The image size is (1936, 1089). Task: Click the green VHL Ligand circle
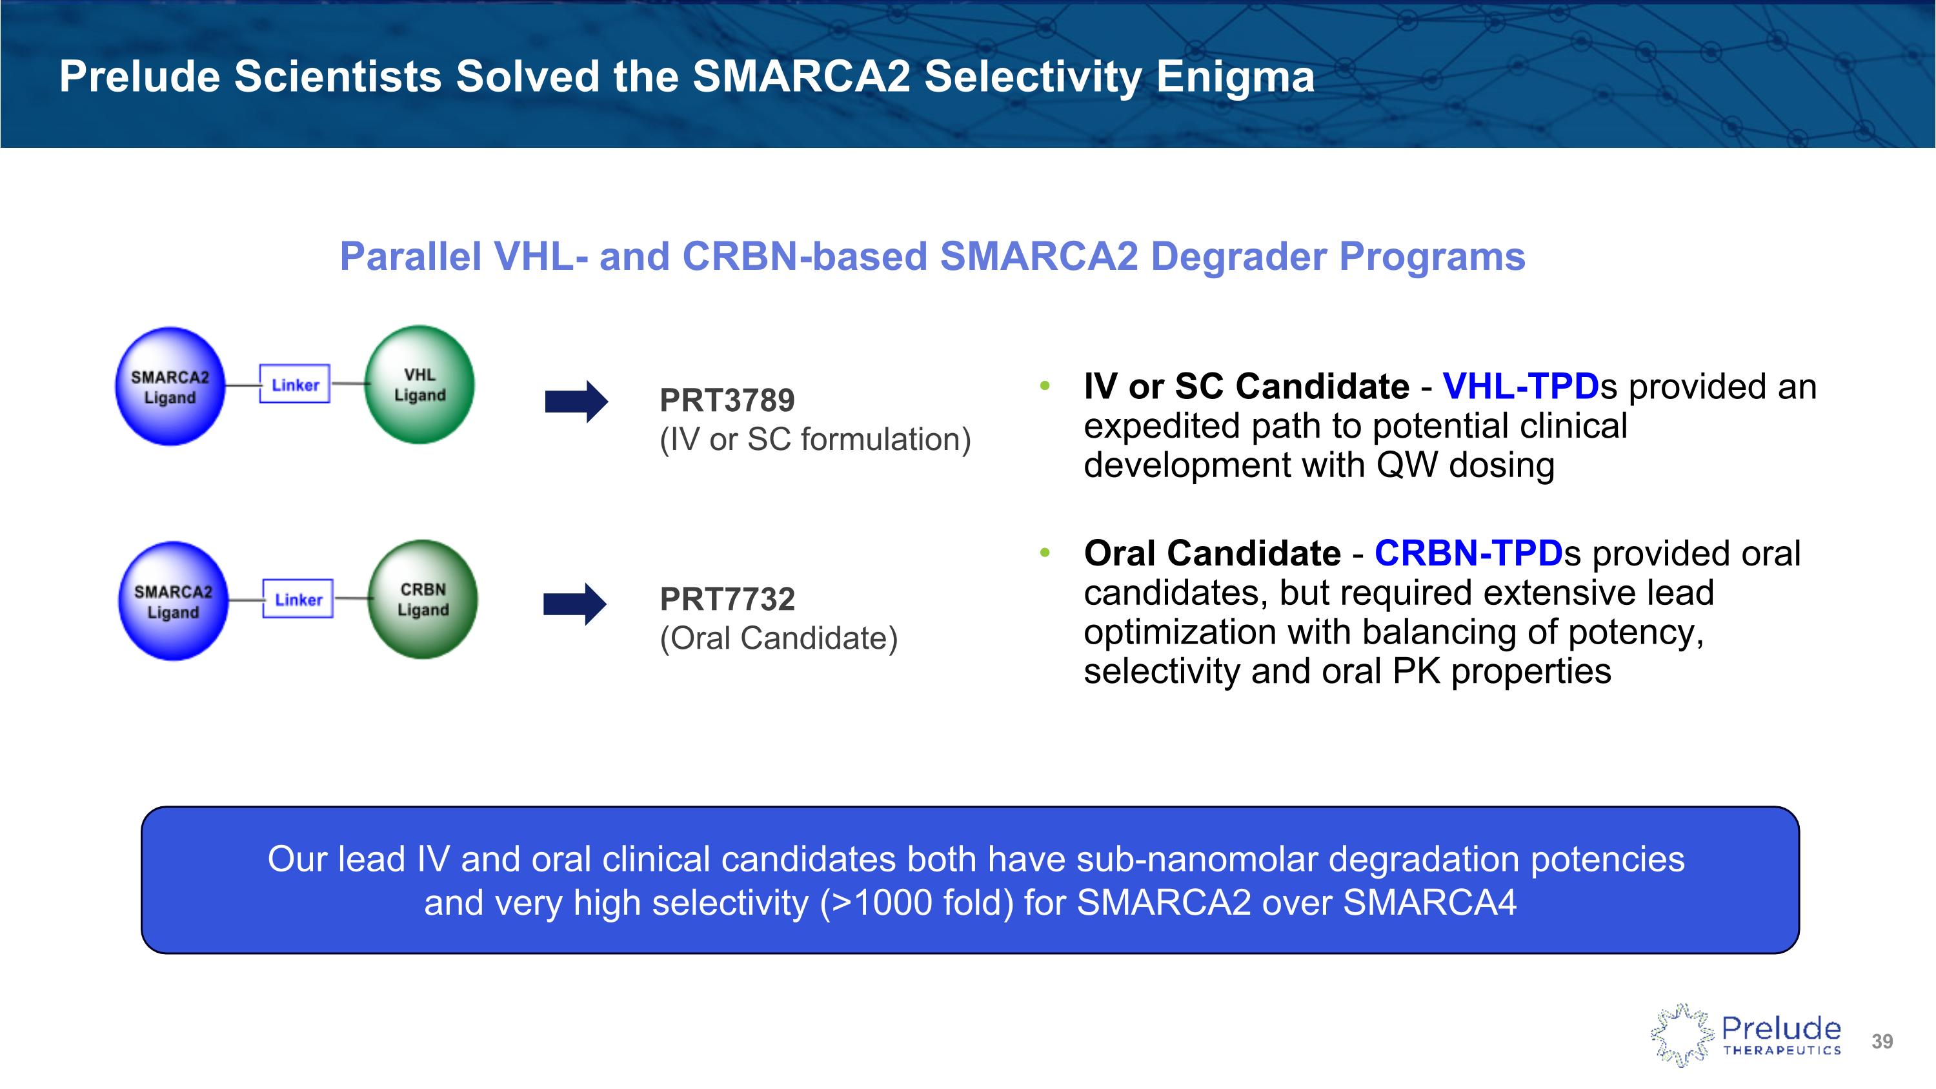[419, 385]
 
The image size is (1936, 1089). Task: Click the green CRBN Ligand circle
[423, 600]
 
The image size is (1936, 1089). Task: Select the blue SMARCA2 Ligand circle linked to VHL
[170, 386]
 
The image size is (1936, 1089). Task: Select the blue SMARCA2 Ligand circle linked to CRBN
[173, 601]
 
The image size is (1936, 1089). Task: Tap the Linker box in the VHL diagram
[295, 384]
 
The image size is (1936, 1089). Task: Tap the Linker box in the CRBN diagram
[297, 599]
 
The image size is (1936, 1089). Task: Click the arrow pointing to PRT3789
[576, 402]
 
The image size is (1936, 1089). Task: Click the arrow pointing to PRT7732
[575, 604]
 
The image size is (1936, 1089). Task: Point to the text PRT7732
[727, 600]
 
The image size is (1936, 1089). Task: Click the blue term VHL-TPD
[1521, 386]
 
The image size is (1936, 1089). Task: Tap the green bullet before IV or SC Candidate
[1045, 386]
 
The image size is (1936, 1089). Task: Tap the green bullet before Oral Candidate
[1045, 553]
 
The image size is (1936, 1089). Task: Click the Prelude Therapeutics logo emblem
[1682, 1035]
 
